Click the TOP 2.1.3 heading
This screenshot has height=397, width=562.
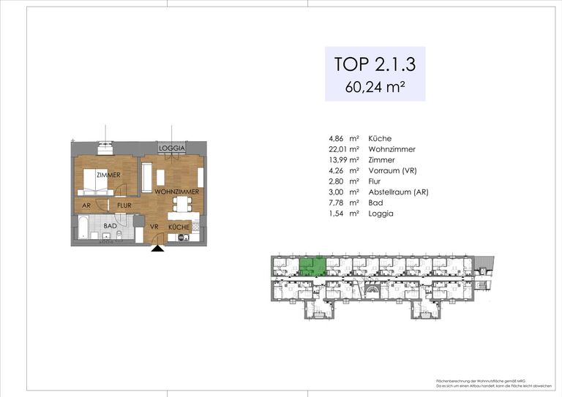point(375,64)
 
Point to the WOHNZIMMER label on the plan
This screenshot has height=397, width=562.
point(177,192)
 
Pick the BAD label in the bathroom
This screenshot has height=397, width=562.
point(110,227)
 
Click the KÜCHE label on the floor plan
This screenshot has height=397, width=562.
point(179,227)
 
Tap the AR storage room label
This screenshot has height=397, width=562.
point(86,205)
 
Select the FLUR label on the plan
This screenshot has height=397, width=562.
point(124,205)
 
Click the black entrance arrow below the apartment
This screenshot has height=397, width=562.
point(157,249)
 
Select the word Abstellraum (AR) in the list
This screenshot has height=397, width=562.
point(399,192)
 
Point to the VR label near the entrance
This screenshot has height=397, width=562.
point(154,227)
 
